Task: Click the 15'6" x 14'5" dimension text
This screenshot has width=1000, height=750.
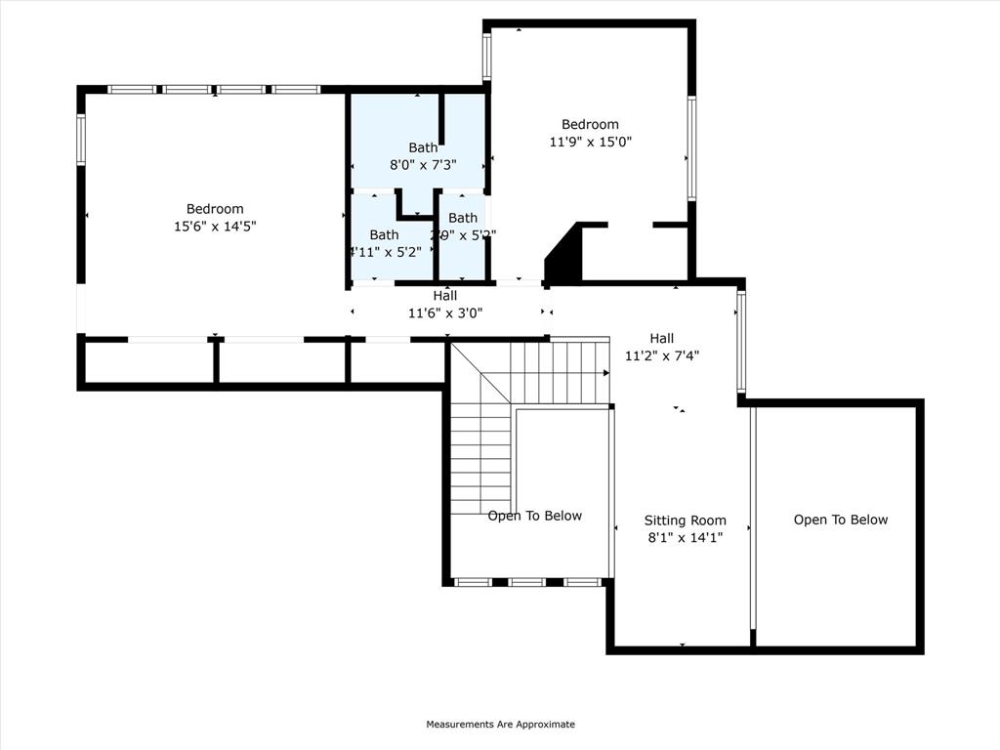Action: pos(215,227)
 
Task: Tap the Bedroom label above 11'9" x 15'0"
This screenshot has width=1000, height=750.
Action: pos(590,124)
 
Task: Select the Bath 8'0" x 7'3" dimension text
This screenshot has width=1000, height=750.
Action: pos(423,165)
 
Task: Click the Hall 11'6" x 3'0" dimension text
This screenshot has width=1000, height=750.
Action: pos(445,313)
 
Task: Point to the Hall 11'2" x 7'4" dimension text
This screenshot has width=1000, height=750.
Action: pos(661,355)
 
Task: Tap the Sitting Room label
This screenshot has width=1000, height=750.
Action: pos(685,521)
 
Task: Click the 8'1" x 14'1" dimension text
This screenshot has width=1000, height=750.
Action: pos(685,537)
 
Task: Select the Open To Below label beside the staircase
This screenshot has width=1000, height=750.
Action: pos(534,516)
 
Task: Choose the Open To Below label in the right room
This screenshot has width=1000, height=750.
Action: pos(840,520)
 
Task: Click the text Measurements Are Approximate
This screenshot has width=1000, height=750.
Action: pos(500,725)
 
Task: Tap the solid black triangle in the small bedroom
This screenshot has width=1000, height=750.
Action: pos(562,255)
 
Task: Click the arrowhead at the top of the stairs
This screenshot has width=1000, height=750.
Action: pos(605,372)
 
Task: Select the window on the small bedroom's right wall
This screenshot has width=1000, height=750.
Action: pos(691,148)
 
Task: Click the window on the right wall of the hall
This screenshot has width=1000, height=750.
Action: pos(741,342)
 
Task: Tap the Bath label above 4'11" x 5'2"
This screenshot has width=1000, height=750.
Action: pos(384,234)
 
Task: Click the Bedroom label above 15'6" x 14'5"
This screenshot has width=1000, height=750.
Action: pos(215,209)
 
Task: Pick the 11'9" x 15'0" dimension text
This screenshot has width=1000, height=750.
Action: pos(590,142)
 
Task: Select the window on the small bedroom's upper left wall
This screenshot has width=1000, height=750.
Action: pos(486,57)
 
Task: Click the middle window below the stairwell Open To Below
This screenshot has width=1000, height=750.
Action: pos(527,582)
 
